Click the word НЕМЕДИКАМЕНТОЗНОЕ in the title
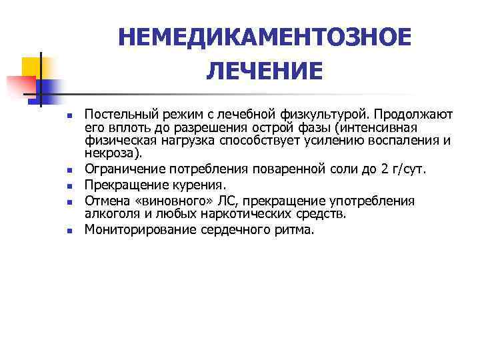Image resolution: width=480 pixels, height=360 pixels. [x=265, y=38]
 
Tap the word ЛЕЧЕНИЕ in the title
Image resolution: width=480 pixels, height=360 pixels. [x=265, y=70]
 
